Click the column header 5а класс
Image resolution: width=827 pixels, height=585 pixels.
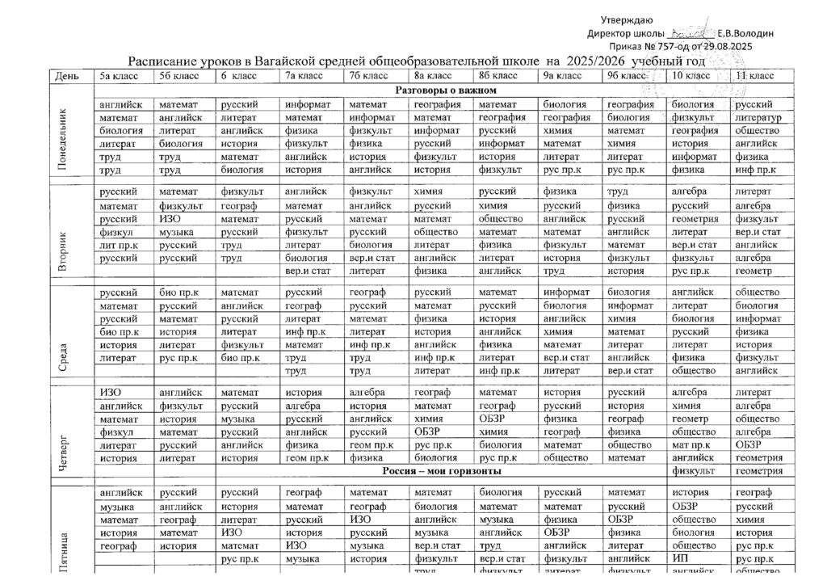120,76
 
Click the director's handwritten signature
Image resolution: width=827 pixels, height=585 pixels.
691,33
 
